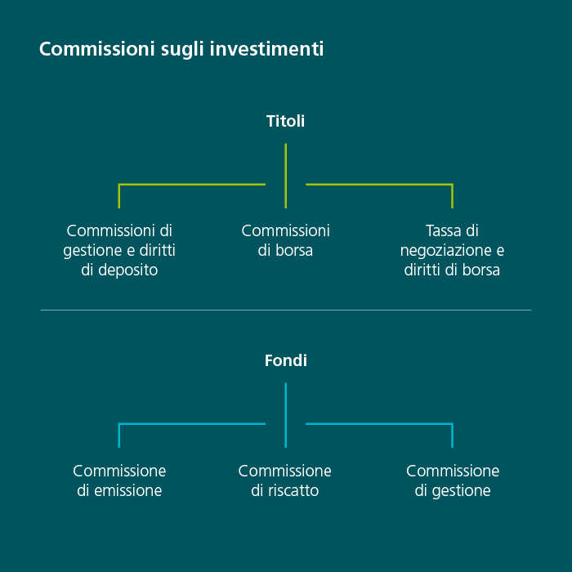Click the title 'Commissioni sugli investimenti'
(x=181, y=49)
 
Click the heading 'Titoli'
(x=285, y=121)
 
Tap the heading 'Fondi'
(x=285, y=360)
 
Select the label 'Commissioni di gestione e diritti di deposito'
(x=119, y=250)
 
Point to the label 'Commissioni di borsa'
(x=285, y=240)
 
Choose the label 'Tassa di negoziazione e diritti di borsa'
(x=452, y=250)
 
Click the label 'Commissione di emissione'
(x=119, y=480)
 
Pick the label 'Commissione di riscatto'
(x=285, y=480)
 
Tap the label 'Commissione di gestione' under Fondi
(x=452, y=480)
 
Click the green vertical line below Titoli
(x=285, y=176)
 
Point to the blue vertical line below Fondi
(x=285, y=415)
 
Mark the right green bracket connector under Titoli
(x=379, y=185)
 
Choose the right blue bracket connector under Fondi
(x=379, y=424)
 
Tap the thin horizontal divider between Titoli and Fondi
(x=285, y=310)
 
